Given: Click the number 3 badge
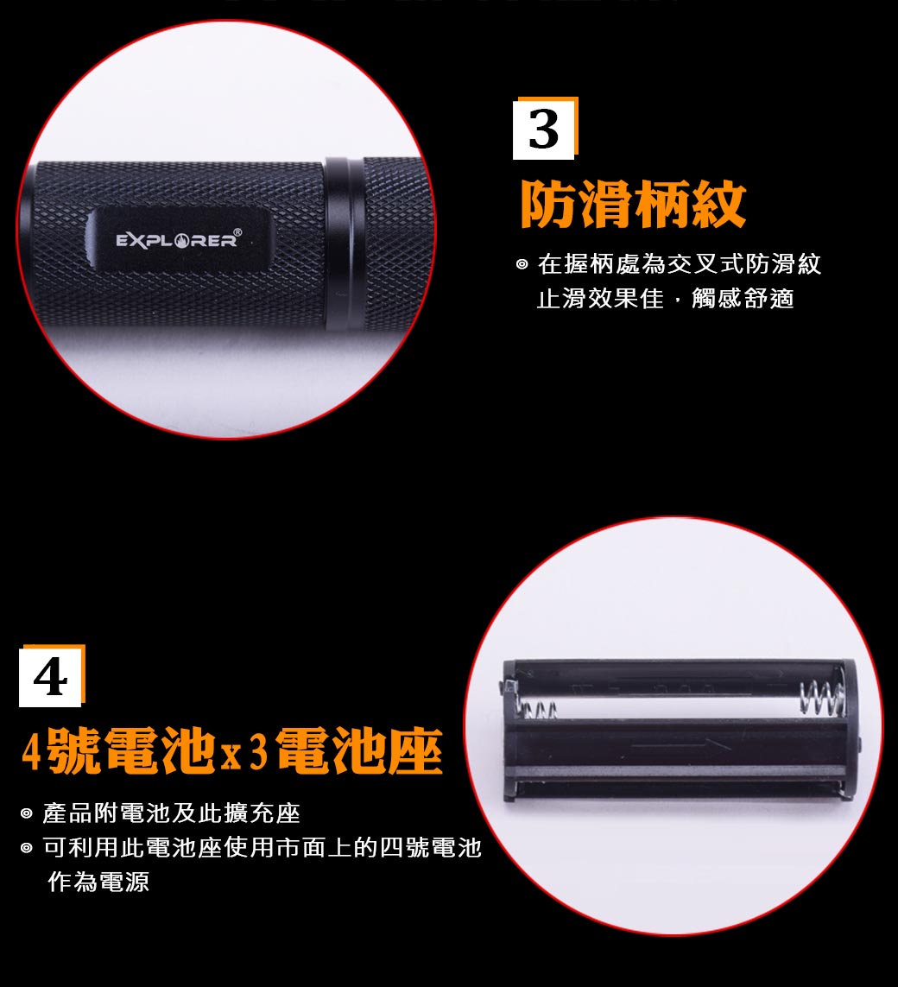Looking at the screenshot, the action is [x=545, y=129].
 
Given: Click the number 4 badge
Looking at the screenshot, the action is [x=52, y=676].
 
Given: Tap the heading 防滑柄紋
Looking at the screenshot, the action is [x=633, y=204].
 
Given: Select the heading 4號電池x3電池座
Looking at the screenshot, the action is [x=232, y=750].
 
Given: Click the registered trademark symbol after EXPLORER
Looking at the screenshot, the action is [x=237, y=232].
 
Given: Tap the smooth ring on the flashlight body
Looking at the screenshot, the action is [x=345, y=244].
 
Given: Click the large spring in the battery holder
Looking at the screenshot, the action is [x=822, y=698].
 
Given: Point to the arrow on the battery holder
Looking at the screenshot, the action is [x=680, y=746].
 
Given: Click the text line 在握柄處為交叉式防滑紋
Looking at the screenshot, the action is [x=679, y=264].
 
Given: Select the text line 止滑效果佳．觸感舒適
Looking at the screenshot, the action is [x=665, y=299].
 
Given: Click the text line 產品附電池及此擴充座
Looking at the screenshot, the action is [x=171, y=813].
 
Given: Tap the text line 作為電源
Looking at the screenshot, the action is [x=98, y=882].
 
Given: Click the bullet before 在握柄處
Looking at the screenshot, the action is [x=522, y=264].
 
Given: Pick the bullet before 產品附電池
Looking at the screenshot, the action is [x=27, y=814].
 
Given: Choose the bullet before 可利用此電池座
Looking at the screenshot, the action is [x=27, y=848].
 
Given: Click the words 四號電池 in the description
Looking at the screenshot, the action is [x=431, y=847].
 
